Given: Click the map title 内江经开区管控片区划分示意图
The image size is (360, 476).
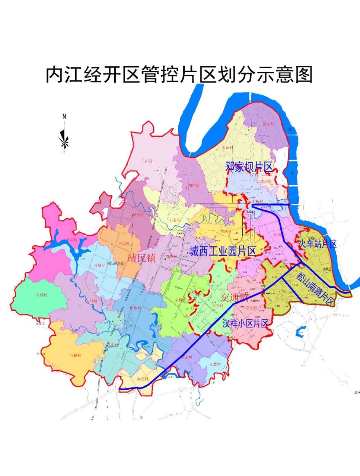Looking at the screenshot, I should [179, 75].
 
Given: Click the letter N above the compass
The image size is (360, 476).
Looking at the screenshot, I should [64, 116].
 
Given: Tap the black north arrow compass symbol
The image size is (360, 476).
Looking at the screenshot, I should [64, 140].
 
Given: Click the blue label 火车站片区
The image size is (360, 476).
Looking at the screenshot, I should [318, 244].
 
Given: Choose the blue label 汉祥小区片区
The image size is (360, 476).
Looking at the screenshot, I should [245, 323].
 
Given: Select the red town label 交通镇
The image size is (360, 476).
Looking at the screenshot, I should [234, 297].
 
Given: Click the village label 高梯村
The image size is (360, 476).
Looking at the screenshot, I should [75, 355].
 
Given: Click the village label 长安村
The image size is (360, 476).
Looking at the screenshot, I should [138, 215].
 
